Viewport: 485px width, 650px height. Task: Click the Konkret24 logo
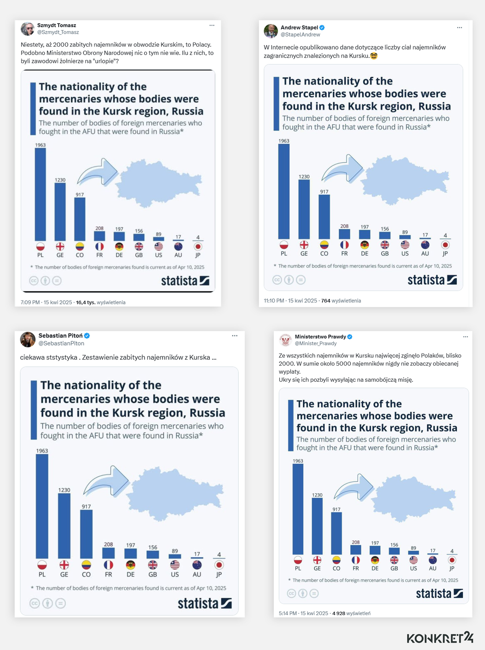440,638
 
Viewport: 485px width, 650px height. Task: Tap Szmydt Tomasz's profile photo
28,29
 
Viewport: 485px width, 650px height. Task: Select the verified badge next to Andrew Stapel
322,28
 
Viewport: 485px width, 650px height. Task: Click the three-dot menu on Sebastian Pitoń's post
235,336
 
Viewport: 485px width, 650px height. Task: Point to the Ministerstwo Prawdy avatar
285,340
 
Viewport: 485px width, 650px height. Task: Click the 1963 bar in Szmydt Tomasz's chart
40,194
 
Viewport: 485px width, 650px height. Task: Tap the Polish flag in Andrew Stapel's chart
284,244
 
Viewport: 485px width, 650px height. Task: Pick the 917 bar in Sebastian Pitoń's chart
86,534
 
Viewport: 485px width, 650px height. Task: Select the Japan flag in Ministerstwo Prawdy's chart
452,560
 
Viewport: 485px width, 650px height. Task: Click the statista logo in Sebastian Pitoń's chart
205,603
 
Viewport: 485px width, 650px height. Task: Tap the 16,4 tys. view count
85,302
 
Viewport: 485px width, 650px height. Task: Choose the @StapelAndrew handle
300,35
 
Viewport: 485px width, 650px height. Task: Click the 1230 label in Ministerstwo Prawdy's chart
317,495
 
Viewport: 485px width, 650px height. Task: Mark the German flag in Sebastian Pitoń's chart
130,565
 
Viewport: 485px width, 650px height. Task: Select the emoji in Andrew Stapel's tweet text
374,56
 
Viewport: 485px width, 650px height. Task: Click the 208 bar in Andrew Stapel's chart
344,234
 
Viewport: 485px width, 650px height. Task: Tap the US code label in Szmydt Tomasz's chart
159,255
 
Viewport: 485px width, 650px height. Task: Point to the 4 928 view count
338,613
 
